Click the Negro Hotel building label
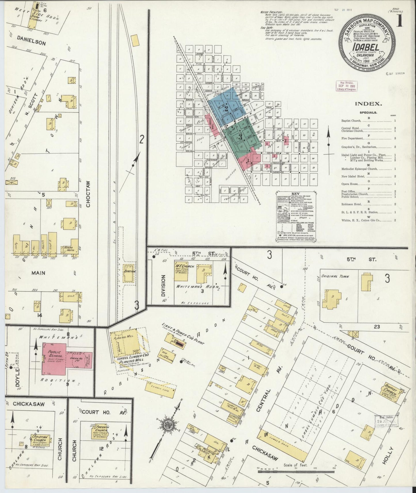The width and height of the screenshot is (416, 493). pyautogui.click(x=70, y=249)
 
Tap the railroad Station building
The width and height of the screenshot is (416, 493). pyautogui.click(x=129, y=273)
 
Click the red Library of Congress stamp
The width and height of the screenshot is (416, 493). pyautogui.click(x=346, y=86)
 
